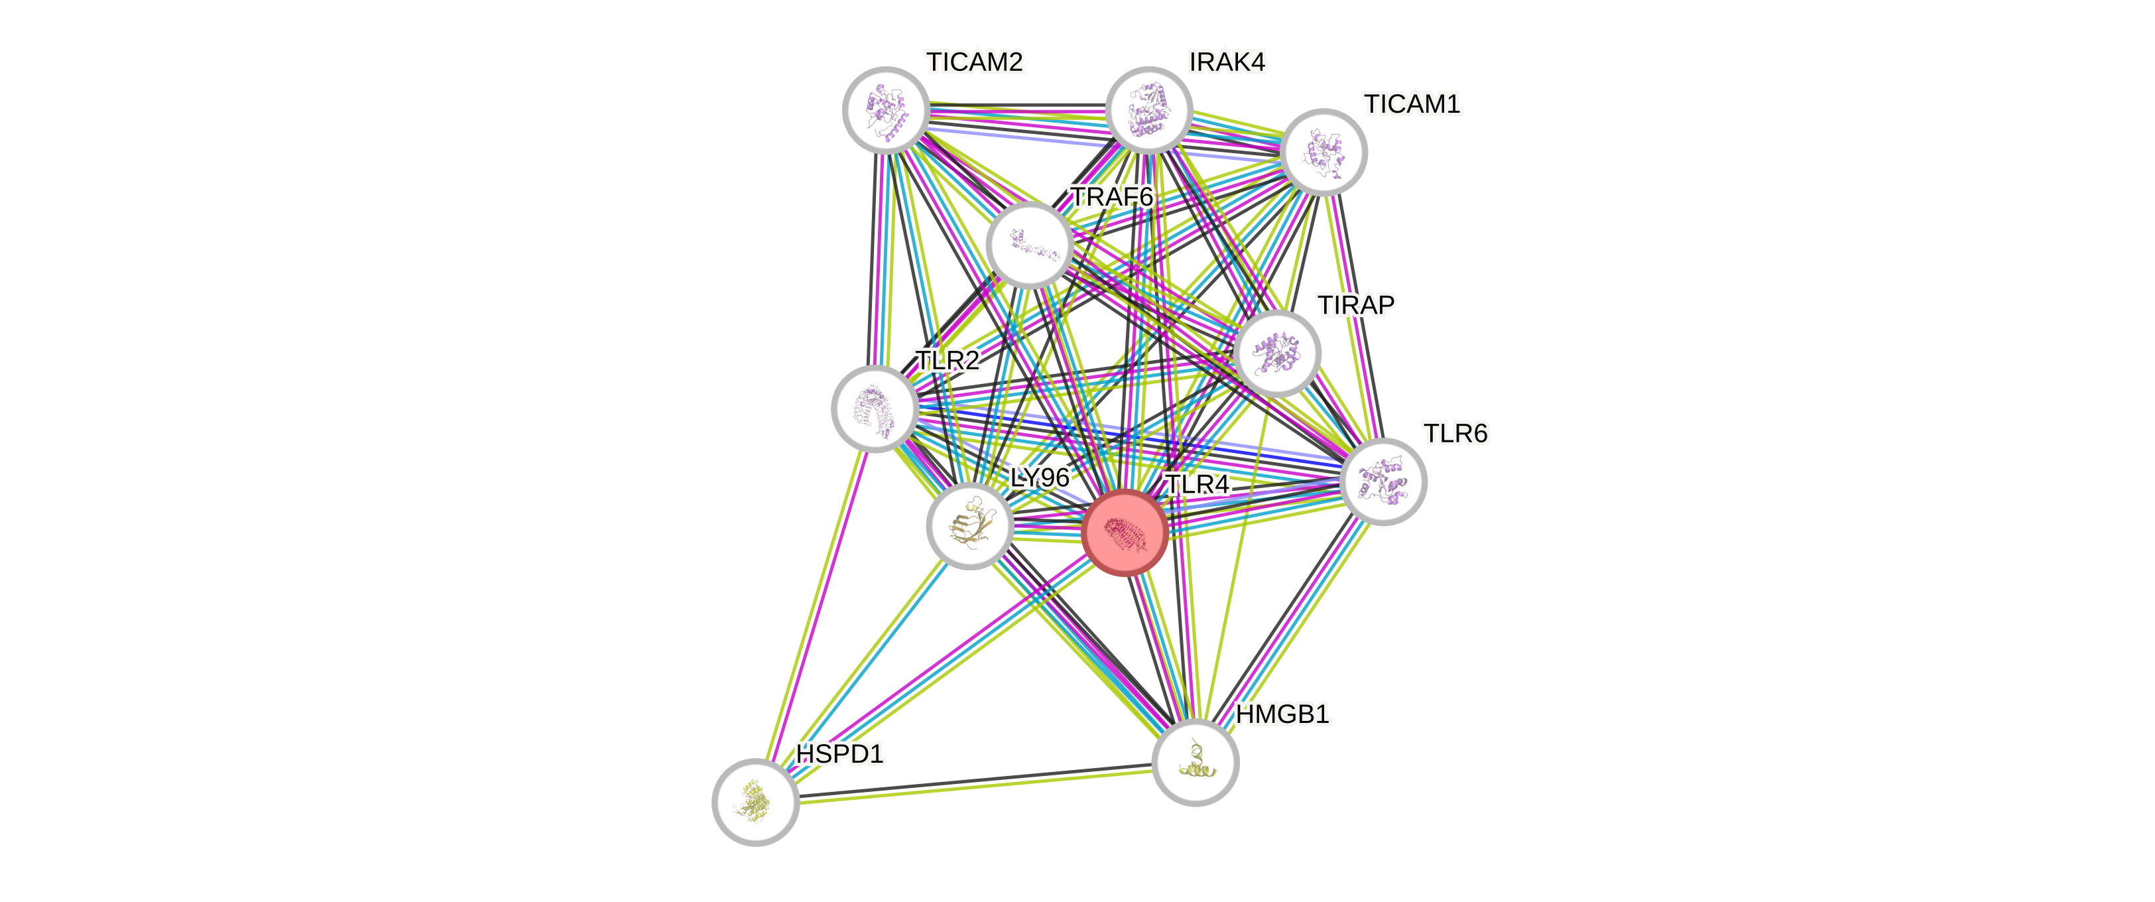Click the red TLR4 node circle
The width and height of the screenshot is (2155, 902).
1125,533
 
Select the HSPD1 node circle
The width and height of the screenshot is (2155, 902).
755,802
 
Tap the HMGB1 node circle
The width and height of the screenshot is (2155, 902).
1195,762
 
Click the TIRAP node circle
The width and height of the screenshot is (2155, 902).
1276,353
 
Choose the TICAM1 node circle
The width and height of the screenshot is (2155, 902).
1324,151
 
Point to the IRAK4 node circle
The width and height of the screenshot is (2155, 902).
1148,109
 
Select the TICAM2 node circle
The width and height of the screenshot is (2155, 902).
885,109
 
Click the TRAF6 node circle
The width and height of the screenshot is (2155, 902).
1029,244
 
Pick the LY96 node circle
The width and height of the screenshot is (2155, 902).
969,525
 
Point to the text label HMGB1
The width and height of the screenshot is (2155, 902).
1282,714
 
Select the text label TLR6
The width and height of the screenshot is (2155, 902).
1455,434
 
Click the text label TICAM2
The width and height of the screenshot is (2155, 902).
975,62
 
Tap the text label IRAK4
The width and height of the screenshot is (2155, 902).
1227,62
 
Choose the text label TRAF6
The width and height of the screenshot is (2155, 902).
1112,196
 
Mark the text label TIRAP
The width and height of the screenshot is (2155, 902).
1355,304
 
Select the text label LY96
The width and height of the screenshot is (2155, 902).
1040,477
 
